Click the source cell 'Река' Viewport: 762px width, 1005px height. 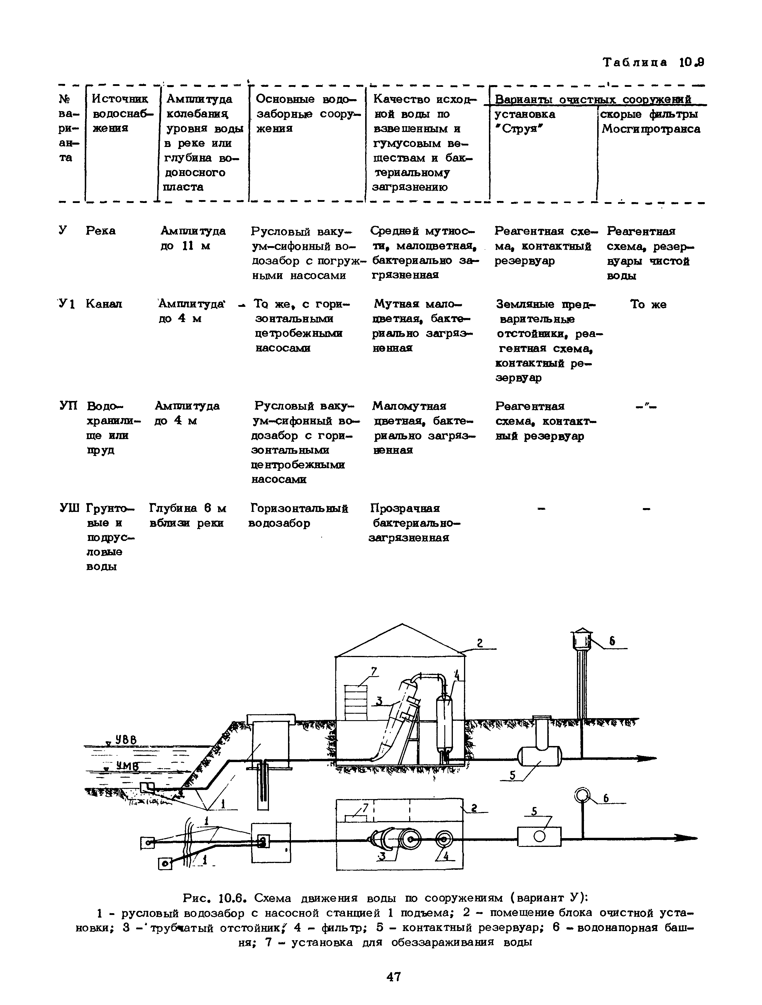pyautogui.click(x=100, y=231)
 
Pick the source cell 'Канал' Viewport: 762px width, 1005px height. pyautogui.click(x=104, y=304)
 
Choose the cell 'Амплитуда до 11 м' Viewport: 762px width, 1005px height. pyautogui.click(x=193, y=238)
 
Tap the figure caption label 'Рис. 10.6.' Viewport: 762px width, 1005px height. pyautogui.click(x=214, y=898)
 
